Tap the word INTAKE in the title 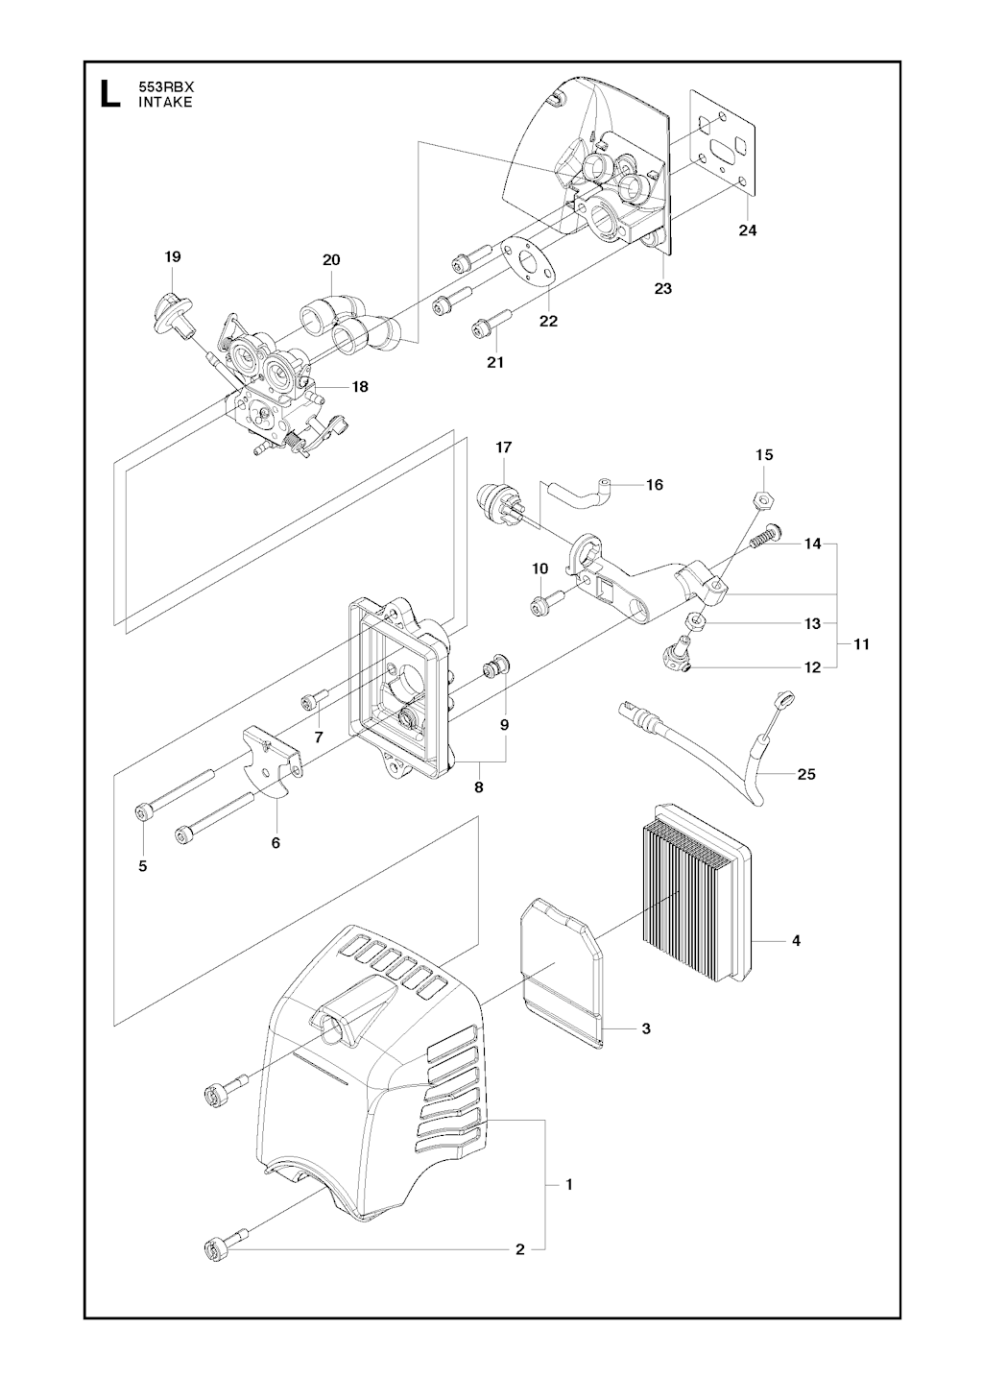coord(165,103)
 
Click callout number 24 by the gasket coord(748,230)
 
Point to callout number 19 coord(173,256)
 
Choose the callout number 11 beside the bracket coord(861,644)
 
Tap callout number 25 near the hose coord(806,774)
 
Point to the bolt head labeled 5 coord(143,812)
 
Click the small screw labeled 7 coord(311,700)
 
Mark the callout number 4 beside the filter coord(796,940)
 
